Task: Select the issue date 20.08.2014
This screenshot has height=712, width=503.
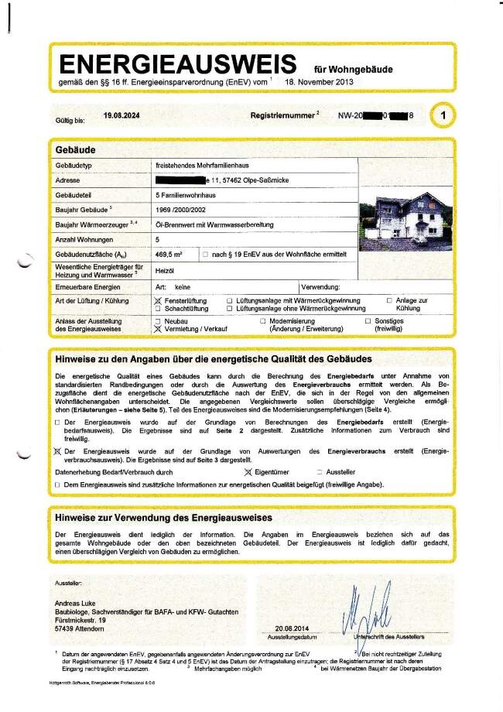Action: click(x=291, y=628)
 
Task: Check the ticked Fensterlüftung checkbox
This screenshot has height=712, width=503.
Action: click(x=159, y=300)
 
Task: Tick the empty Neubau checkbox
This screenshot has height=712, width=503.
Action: click(x=159, y=320)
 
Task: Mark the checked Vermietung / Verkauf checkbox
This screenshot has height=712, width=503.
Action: click(x=159, y=328)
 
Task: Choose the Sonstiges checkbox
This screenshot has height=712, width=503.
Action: click(x=368, y=320)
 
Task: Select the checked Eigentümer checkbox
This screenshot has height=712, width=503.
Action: click(x=248, y=471)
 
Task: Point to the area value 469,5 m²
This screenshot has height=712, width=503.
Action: click(x=169, y=254)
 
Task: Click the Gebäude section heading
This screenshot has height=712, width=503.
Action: click(x=76, y=149)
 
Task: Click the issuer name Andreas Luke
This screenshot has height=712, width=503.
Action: click(x=81, y=604)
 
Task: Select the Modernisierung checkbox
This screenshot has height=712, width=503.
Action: click(x=263, y=320)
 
